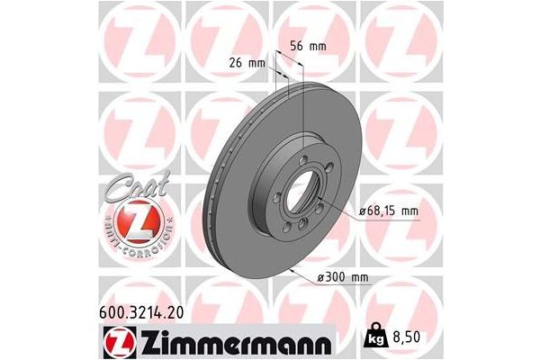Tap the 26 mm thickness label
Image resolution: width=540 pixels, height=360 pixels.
[x=247, y=64]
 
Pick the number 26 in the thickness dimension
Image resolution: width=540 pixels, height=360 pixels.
[x=238, y=64]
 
